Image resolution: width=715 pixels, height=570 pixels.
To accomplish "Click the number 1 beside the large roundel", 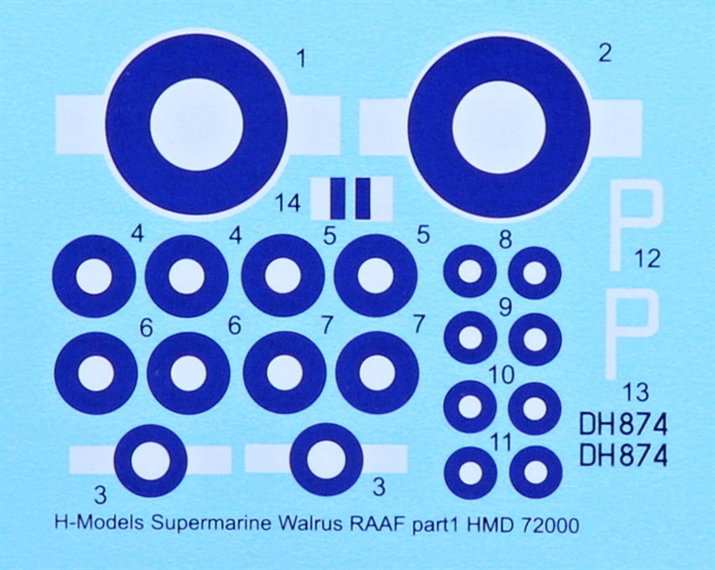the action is point(301,60).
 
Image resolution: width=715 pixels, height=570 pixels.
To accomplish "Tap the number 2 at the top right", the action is point(605,54).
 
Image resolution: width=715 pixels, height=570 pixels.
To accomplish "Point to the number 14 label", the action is point(288,203).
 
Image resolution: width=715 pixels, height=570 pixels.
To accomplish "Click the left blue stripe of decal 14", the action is point(337,199).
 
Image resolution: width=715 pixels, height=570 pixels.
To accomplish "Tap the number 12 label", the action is point(647,259).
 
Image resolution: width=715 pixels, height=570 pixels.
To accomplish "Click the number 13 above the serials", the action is point(636,393).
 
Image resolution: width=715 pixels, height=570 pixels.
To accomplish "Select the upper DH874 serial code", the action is point(623,425).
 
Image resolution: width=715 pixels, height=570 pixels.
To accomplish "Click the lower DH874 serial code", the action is point(623,455).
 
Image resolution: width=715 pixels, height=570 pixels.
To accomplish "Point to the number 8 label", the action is point(505,240).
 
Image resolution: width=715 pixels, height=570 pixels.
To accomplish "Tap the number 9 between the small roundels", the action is point(505,308).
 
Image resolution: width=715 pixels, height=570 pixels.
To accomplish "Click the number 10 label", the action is point(502,376).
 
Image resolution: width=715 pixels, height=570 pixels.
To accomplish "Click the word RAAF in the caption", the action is point(377,524).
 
